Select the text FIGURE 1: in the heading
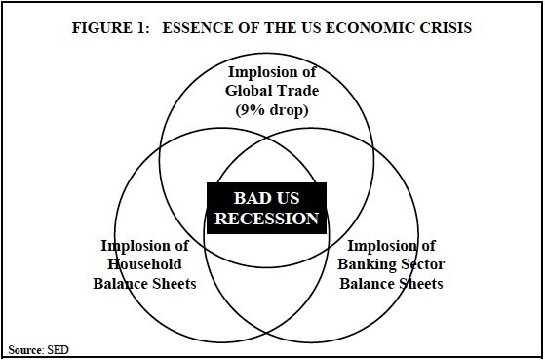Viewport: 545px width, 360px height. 110,28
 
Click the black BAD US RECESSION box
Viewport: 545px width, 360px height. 266,208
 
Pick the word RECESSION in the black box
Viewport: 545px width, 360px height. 266,219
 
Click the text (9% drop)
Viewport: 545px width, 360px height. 272,110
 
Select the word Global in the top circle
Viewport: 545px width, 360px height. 248,91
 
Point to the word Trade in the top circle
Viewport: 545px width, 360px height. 296,91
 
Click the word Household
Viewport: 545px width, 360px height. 144,264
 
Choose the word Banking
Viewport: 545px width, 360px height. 363,264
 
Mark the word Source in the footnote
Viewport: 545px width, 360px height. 24,349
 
